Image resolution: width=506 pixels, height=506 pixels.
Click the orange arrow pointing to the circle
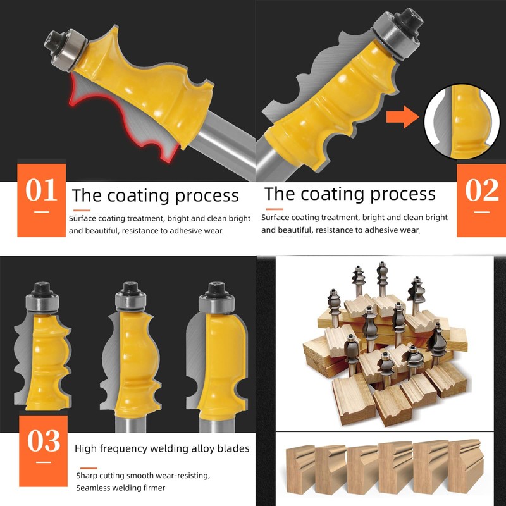tap(402, 118)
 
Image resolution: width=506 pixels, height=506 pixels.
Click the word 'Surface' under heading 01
tap(84, 218)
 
